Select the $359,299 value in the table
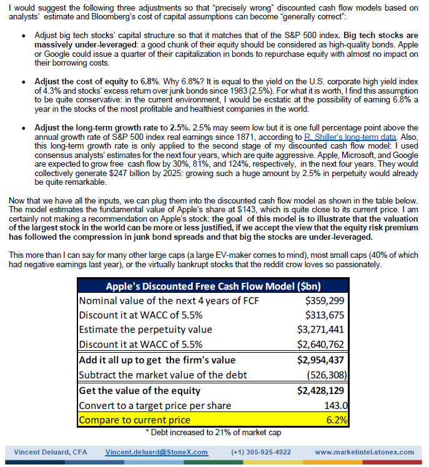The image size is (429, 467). tap(324, 301)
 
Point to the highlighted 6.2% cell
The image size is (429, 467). tap(336, 420)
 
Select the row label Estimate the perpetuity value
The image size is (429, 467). tap(145, 330)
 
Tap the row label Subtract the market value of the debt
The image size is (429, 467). tap(163, 375)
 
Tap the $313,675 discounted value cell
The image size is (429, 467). tap(324, 315)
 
